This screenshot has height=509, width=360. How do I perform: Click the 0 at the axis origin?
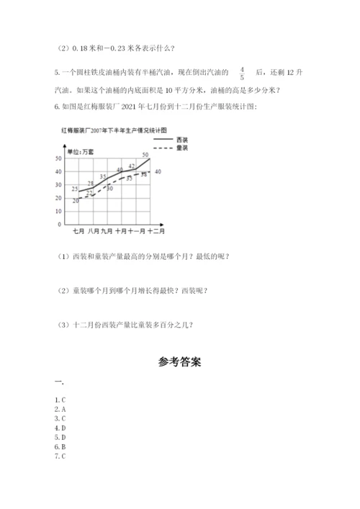58,224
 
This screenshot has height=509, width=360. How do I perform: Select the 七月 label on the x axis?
79,232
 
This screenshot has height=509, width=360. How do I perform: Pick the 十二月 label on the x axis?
156,232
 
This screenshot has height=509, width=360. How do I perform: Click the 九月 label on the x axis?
107,232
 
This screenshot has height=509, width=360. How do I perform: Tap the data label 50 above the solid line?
145,155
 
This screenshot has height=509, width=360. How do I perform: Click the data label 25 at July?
75,188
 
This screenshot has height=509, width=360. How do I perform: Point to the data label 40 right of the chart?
158,171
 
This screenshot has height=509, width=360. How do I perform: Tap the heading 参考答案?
179,362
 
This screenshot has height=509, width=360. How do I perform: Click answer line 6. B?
60,446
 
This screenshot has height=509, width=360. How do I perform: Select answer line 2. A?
60,409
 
